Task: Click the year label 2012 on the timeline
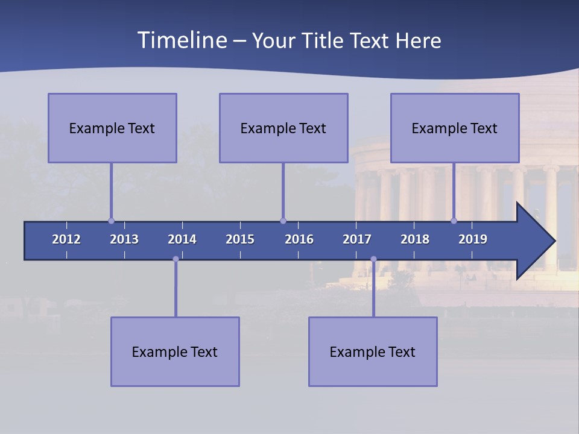pyautogui.click(x=66, y=239)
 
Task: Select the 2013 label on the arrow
pyautogui.click(x=124, y=239)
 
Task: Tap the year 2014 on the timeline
pyautogui.click(x=182, y=239)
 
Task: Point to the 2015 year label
pyautogui.click(x=240, y=239)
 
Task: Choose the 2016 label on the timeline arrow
pyautogui.click(x=299, y=239)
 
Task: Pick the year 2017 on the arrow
pyautogui.click(x=357, y=239)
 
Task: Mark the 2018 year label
pyautogui.click(x=415, y=239)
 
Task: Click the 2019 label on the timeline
pyautogui.click(x=473, y=239)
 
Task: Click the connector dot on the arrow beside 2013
pyautogui.click(x=111, y=221)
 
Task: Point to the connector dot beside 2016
pyautogui.click(x=283, y=221)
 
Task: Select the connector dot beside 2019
pyautogui.click(x=454, y=221)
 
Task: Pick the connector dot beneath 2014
pyautogui.click(x=176, y=259)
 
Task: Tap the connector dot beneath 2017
pyautogui.click(x=373, y=259)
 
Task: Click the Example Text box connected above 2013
pyautogui.click(x=112, y=128)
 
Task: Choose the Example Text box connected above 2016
pyautogui.click(x=283, y=128)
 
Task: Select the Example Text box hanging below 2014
pyautogui.click(x=175, y=351)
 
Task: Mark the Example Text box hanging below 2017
pyautogui.click(x=373, y=351)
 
